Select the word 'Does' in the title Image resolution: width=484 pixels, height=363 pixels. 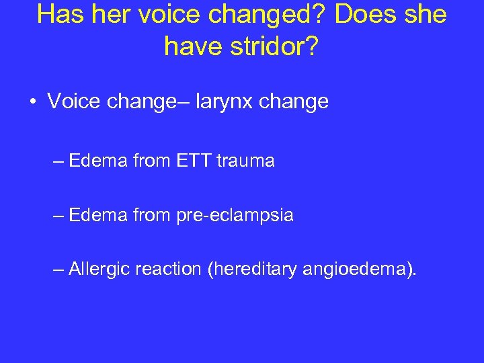click(x=364, y=15)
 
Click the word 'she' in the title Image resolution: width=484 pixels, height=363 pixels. click(x=426, y=15)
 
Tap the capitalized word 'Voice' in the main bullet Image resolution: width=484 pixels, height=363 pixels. click(x=73, y=102)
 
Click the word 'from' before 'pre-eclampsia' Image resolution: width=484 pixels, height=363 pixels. click(x=151, y=215)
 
